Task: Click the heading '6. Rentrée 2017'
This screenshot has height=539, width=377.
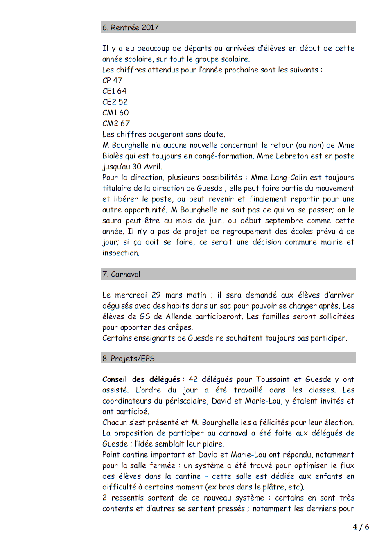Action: tap(130, 27)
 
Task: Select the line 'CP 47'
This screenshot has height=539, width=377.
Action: tap(112, 80)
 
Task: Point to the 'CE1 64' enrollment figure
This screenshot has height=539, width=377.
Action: tap(114, 91)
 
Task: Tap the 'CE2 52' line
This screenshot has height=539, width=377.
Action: tap(115, 102)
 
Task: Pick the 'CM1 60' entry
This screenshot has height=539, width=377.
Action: tap(115, 113)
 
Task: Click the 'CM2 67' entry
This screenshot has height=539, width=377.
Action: tap(116, 123)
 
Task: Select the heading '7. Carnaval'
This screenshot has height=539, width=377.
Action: tap(121, 274)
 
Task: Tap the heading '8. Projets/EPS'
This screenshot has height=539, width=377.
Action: tap(129, 359)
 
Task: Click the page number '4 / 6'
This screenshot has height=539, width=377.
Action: tap(361, 527)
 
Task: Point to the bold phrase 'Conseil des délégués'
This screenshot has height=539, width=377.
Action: tap(141, 379)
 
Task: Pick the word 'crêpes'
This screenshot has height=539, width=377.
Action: tap(180, 327)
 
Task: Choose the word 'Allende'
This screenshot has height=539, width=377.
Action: tap(181, 316)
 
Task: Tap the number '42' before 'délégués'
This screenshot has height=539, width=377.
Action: tap(193, 379)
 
